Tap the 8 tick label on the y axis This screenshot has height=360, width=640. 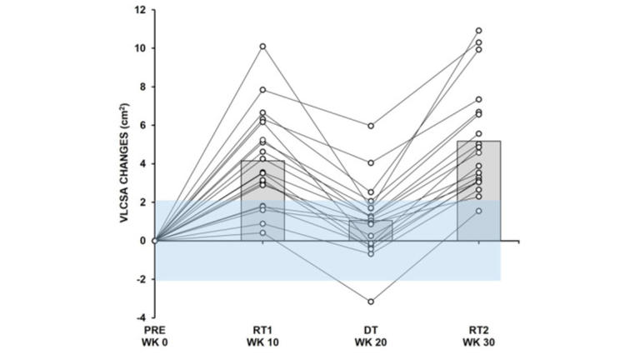[x=143, y=87]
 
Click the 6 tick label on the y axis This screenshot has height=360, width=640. [x=143, y=125]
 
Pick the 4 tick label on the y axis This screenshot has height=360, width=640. [x=143, y=163]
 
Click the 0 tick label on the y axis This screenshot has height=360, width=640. [x=143, y=241]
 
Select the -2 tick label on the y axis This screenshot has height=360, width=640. [x=142, y=279]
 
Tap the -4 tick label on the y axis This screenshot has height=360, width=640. [x=142, y=317]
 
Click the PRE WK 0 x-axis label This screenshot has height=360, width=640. [x=156, y=337]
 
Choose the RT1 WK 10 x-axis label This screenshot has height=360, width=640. [x=263, y=337]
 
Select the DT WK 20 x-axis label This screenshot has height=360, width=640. [x=371, y=337]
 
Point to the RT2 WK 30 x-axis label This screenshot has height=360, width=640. [x=478, y=337]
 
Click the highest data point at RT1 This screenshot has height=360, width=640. [x=263, y=46]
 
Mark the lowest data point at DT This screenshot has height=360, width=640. [x=371, y=301]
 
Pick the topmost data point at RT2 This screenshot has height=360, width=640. [x=478, y=31]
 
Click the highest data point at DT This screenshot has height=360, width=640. [x=371, y=126]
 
